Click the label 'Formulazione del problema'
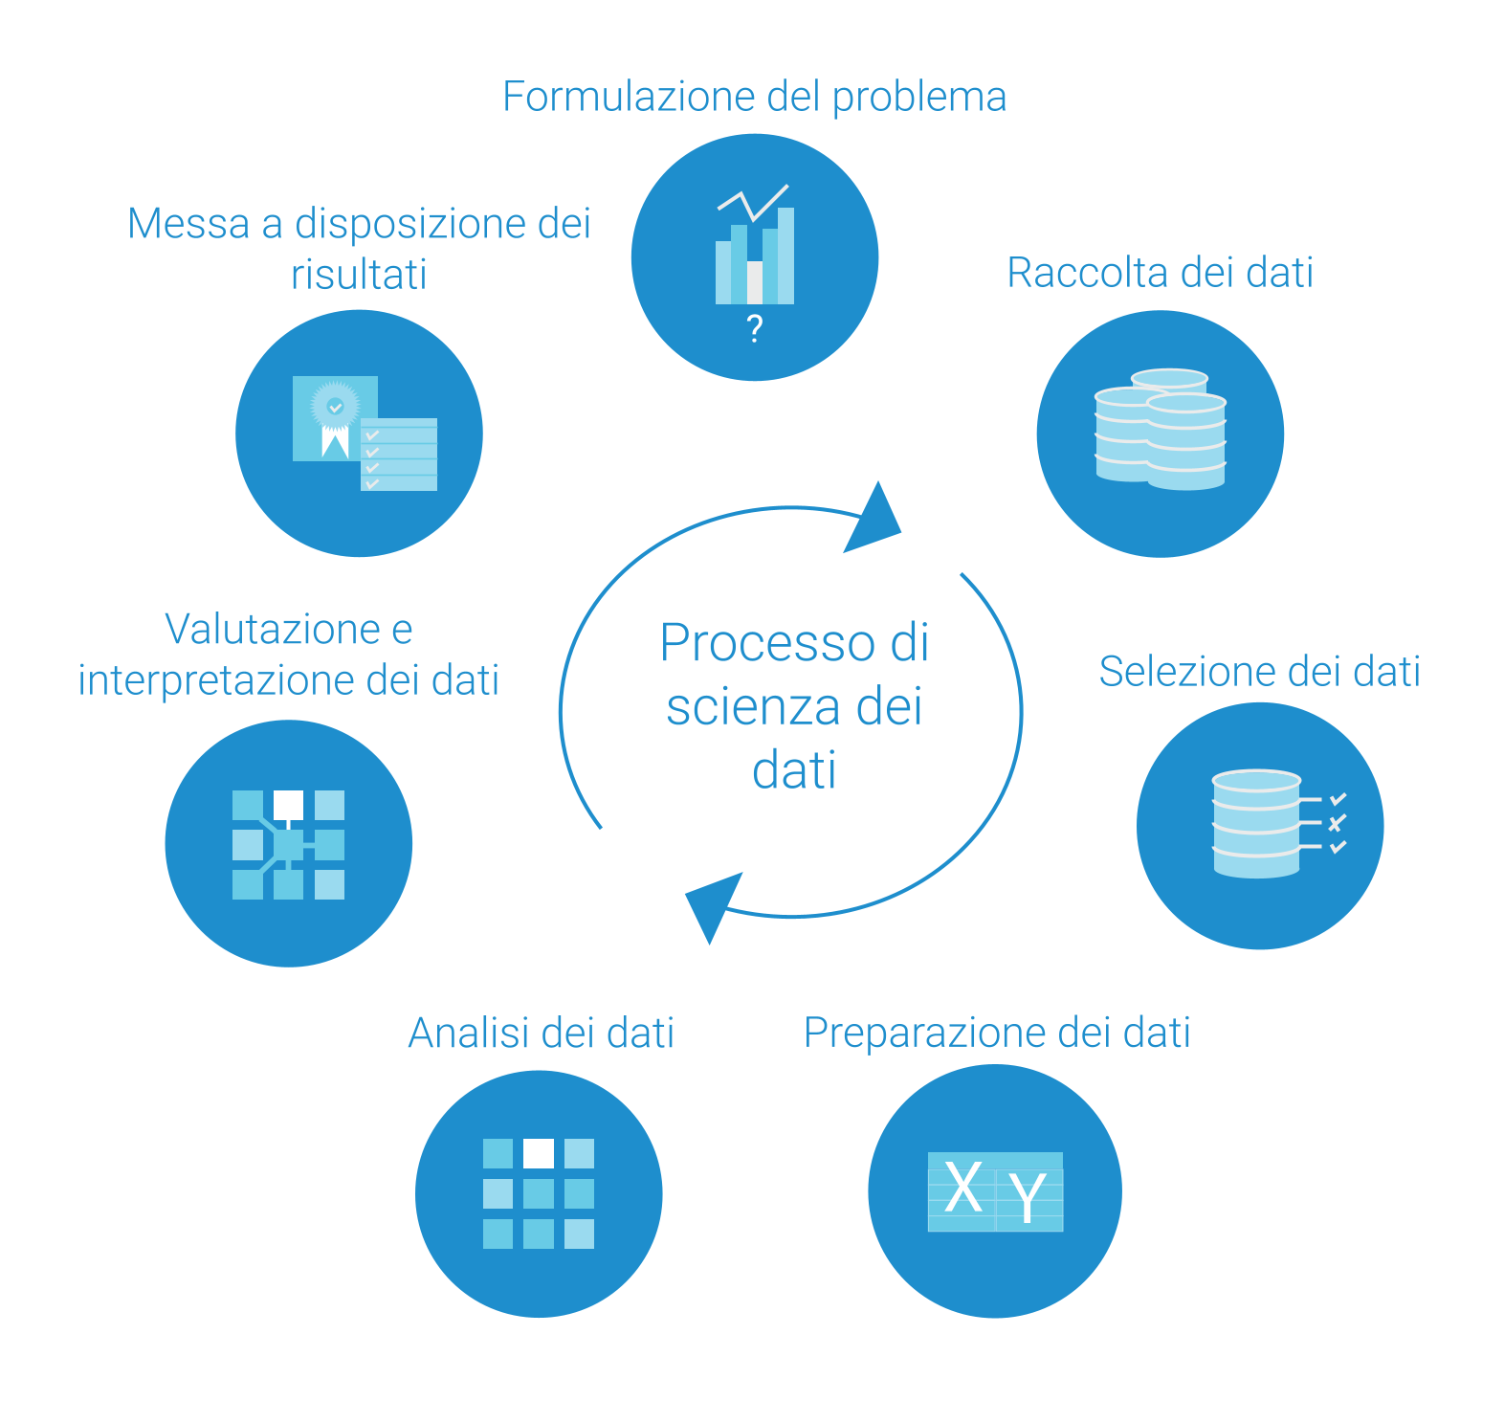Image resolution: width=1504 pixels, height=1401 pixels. click(754, 97)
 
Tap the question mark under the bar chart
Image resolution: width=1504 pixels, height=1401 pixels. click(755, 328)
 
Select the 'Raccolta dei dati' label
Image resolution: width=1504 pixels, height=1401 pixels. click(1160, 273)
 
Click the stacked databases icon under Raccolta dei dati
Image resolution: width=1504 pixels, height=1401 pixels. click(1161, 430)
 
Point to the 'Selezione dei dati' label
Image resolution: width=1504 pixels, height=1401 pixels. click(1259, 671)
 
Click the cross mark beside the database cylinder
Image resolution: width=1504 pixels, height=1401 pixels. click(1338, 822)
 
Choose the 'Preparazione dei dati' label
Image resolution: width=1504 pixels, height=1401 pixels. click(997, 1033)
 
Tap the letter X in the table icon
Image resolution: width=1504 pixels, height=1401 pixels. click(962, 1188)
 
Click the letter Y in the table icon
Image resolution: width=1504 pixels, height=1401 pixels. click(1028, 1196)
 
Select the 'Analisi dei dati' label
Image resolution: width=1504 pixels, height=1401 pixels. click(542, 1033)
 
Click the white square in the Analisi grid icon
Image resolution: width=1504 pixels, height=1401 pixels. click(539, 1153)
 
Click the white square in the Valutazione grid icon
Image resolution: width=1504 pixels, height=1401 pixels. click(288, 804)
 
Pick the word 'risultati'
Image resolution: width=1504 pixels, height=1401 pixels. click(359, 275)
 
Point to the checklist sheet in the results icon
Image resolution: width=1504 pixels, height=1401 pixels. click(399, 455)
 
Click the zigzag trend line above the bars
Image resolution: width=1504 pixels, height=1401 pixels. click(753, 201)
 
